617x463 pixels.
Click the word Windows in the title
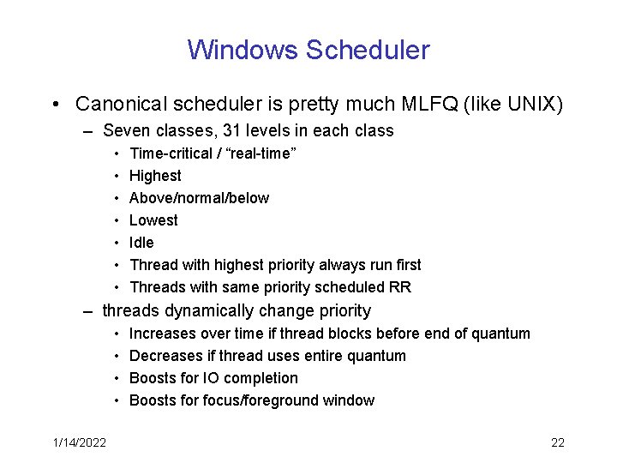243,50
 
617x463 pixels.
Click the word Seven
126,131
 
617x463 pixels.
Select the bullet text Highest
155,176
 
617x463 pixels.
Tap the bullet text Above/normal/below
199,198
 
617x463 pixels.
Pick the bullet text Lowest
153,220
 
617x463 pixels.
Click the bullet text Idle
141,243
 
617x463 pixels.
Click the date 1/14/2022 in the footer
78,442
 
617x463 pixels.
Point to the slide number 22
557,442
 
